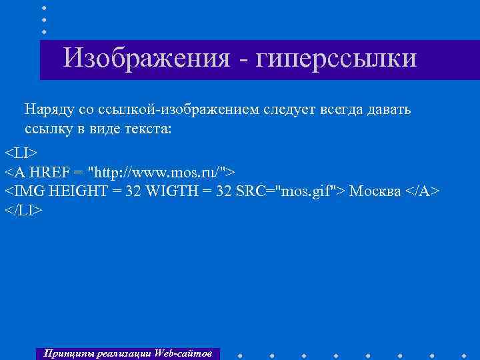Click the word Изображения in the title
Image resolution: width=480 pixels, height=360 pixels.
[x=147, y=58]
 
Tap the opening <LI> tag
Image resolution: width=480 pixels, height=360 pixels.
[x=22, y=150]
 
